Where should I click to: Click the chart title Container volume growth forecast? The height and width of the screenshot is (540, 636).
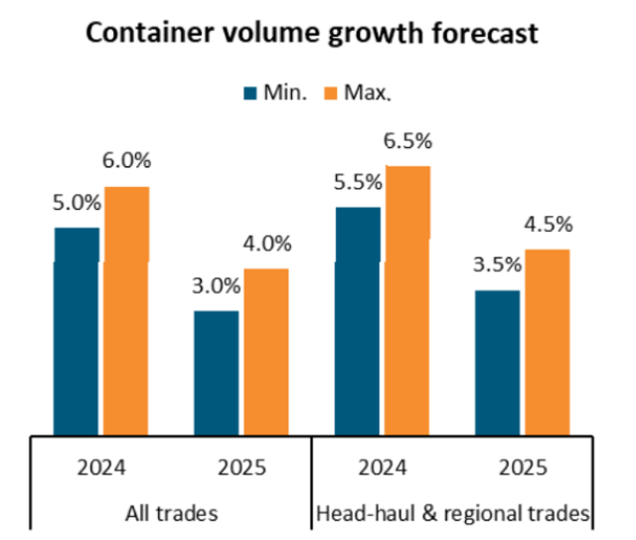pyautogui.click(x=312, y=33)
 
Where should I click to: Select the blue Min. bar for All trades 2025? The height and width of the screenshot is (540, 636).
pyautogui.click(x=216, y=372)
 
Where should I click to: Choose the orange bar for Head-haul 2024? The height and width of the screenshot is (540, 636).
pyautogui.click(x=407, y=299)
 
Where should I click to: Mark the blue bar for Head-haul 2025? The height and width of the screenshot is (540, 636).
pyautogui.click(x=497, y=362)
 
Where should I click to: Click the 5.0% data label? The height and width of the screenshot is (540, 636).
pyautogui.click(x=77, y=203)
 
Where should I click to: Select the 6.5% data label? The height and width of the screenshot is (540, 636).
pyautogui.click(x=407, y=141)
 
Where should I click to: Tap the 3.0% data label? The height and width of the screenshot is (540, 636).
pyautogui.click(x=216, y=286)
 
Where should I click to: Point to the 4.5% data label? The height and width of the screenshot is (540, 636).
pyautogui.click(x=547, y=225)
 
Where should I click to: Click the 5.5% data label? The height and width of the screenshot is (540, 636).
pyautogui.click(x=358, y=183)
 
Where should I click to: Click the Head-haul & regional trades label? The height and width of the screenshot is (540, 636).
pyautogui.click(x=452, y=514)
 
